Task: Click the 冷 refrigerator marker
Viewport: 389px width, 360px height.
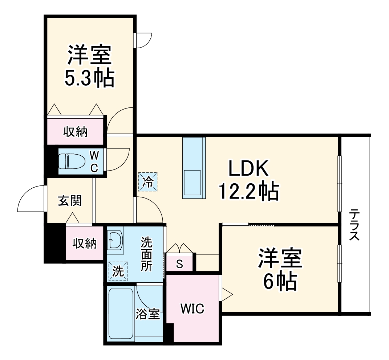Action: coord(148,181)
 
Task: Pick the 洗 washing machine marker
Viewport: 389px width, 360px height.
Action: coord(118,271)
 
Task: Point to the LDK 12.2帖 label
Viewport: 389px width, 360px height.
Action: coord(248,180)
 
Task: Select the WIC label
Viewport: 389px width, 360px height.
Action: coord(193,309)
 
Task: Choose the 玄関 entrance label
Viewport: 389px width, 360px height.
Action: coord(70,200)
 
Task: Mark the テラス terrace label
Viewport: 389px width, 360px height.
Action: coord(354,225)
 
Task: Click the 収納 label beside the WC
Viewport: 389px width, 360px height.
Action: coord(76,132)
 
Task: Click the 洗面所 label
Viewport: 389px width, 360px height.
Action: coord(147,254)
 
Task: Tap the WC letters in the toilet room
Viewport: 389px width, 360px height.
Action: coord(94,162)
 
